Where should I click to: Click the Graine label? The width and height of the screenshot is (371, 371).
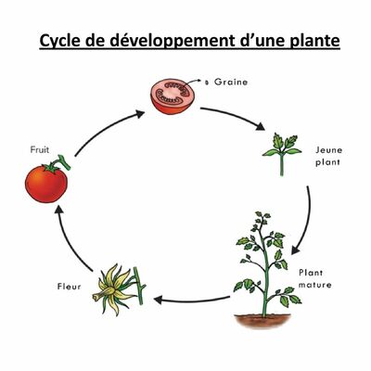tap(231, 82)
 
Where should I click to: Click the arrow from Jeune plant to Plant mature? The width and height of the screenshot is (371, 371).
tap(306, 219)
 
